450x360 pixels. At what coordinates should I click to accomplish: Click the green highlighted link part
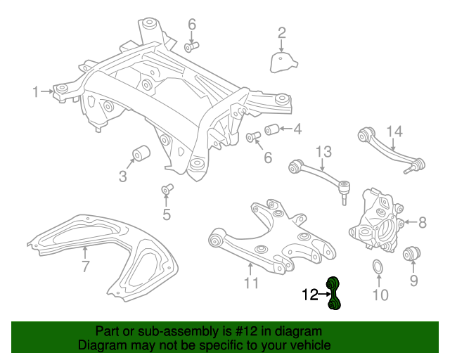333,293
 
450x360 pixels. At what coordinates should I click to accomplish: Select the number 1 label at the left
35,91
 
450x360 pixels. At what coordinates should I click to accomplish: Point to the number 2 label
281,32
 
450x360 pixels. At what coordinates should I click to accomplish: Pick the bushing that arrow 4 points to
272,129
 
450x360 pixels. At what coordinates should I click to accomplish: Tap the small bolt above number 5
167,188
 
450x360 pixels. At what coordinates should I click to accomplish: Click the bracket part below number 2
282,61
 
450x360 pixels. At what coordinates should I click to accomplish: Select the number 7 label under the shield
85,266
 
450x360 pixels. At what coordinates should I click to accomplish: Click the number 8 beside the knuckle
422,223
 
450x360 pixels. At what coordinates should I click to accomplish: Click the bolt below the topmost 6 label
192,47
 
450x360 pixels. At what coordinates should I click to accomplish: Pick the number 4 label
297,129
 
